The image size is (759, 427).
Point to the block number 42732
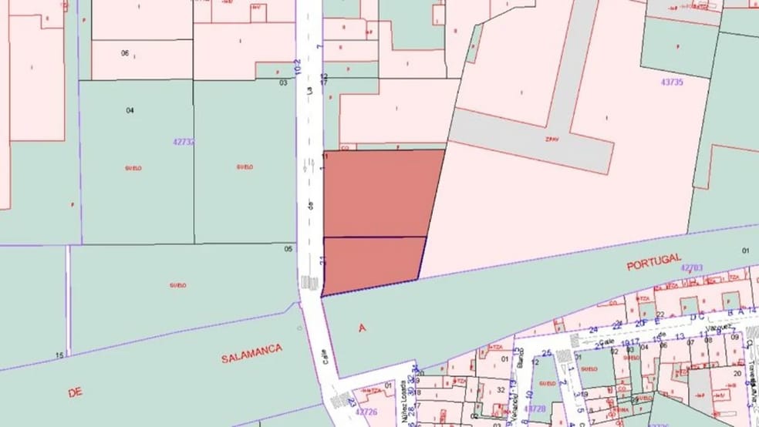tap(184, 142)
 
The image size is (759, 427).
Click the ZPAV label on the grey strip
tap(552, 140)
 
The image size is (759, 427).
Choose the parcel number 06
tap(125, 52)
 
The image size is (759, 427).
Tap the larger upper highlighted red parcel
tap(382, 193)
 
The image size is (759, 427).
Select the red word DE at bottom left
tap(75, 392)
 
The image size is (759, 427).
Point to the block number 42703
tap(691, 267)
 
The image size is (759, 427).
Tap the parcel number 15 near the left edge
tap(59, 355)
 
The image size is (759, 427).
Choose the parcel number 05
tap(288, 248)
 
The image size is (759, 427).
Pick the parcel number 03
tap(283, 82)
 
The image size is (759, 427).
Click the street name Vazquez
tap(719, 328)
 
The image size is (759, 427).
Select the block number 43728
tap(535, 408)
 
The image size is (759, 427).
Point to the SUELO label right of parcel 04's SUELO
tap(245, 166)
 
